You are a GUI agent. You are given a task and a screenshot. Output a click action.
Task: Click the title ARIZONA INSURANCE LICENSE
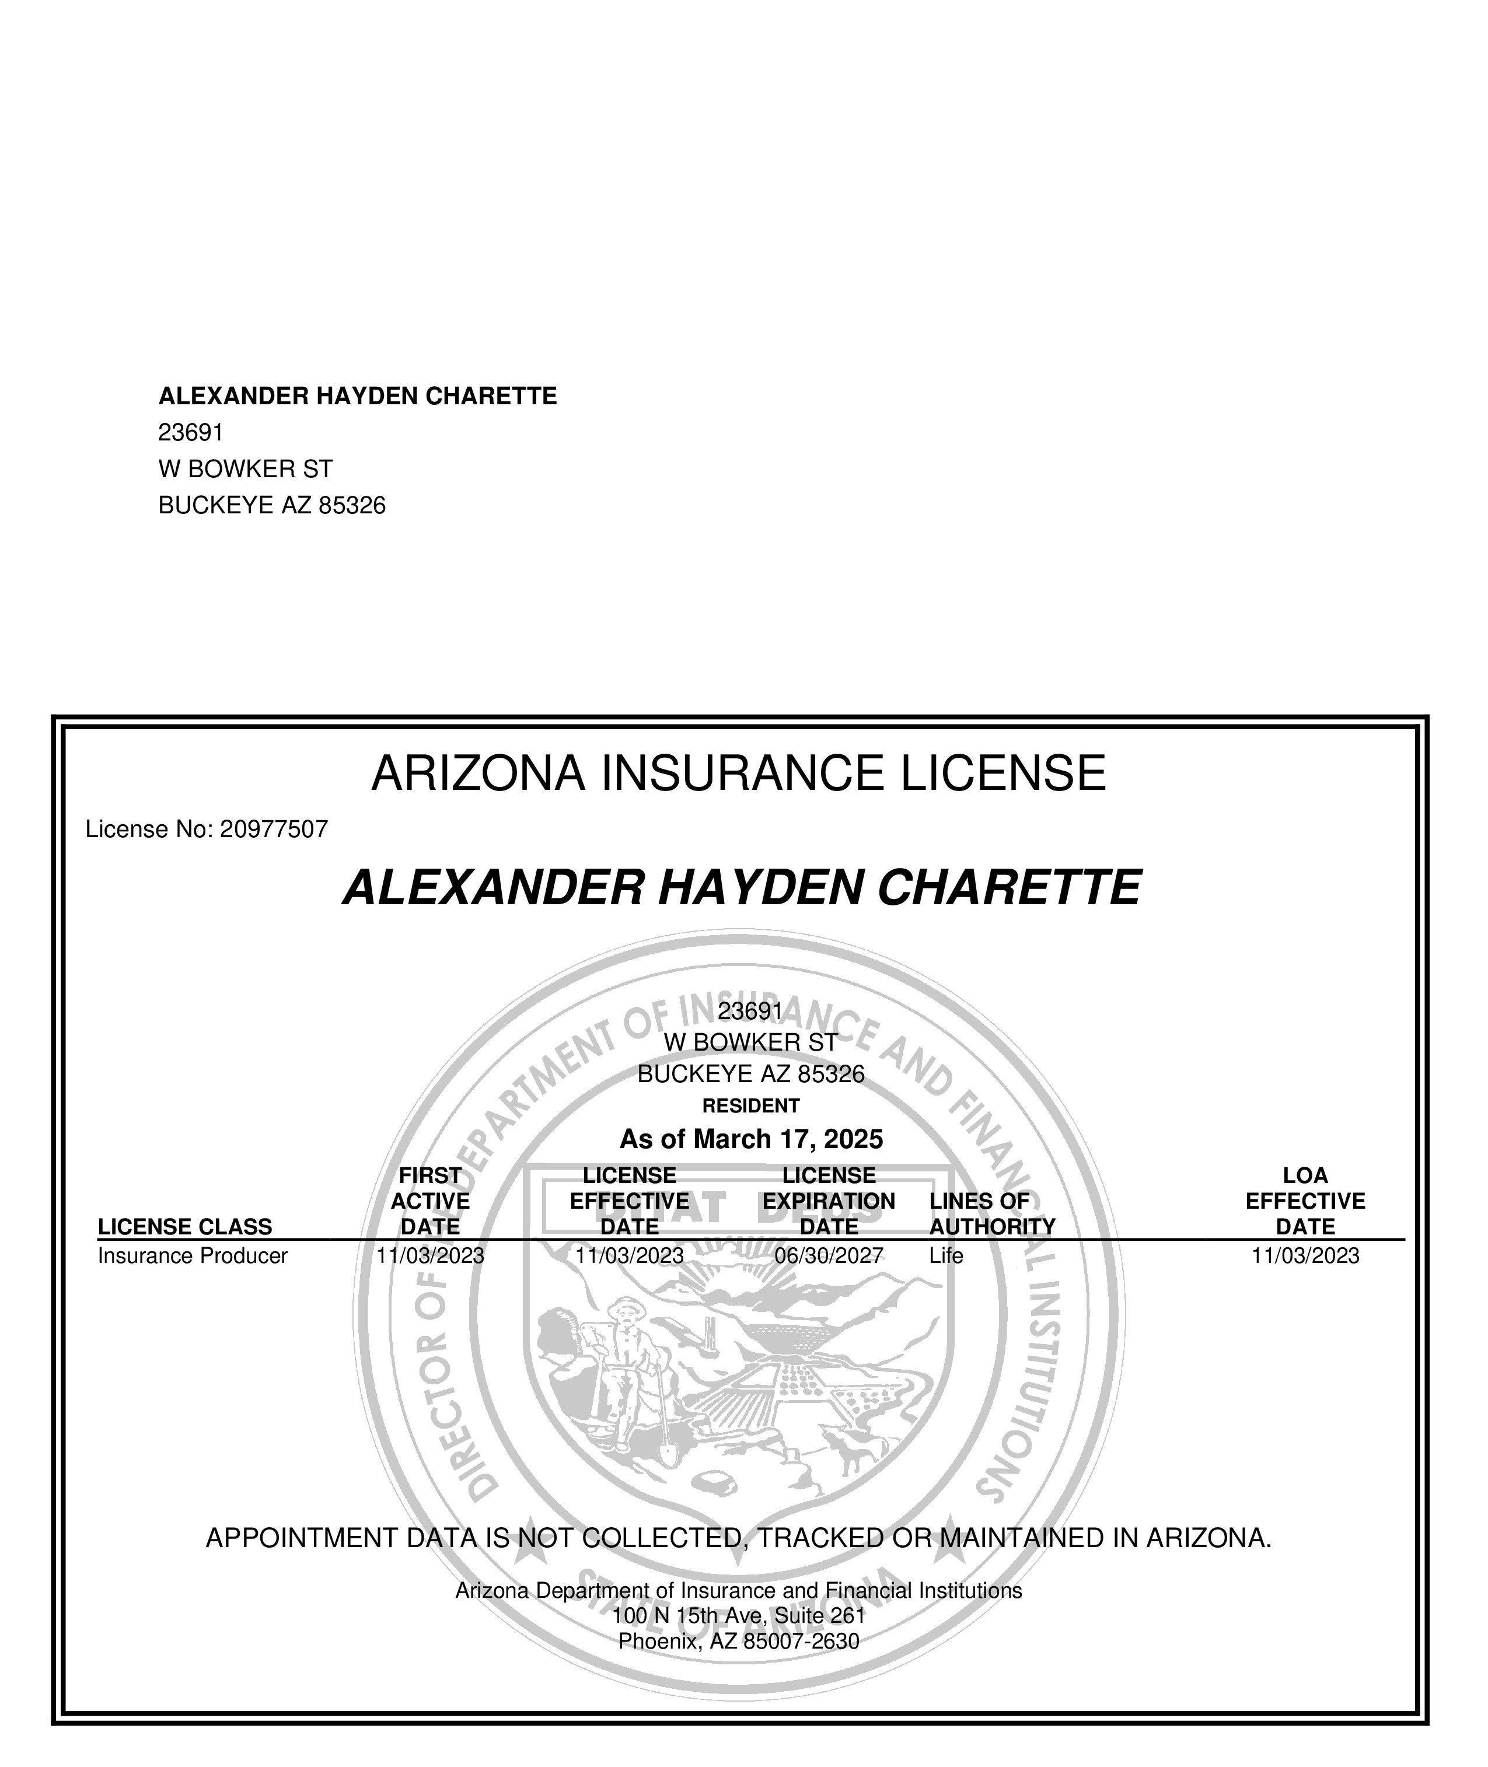click(x=738, y=774)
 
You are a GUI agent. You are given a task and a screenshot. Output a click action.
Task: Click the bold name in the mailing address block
click(x=358, y=397)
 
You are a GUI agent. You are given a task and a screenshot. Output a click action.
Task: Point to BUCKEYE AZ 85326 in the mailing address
click(x=271, y=506)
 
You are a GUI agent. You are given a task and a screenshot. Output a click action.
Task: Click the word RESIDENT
click(x=751, y=1105)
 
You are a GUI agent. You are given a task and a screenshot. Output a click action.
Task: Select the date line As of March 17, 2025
click(x=751, y=1139)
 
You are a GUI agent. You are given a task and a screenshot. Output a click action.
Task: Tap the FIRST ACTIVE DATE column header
click(x=430, y=1201)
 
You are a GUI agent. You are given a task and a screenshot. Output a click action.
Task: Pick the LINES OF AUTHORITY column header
click(x=992, y=1214)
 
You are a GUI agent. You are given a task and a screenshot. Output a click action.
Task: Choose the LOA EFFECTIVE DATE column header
click(x=1305, y=1201)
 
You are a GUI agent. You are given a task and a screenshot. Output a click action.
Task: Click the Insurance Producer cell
click(x=193, y=1256)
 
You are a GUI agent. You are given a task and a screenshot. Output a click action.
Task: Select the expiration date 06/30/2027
click(x=829, y=1256)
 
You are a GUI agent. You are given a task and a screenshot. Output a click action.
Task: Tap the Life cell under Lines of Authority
click(x=945, y=1256)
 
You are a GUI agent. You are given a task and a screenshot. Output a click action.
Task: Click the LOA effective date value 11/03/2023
click(x=1305, y=1256)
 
